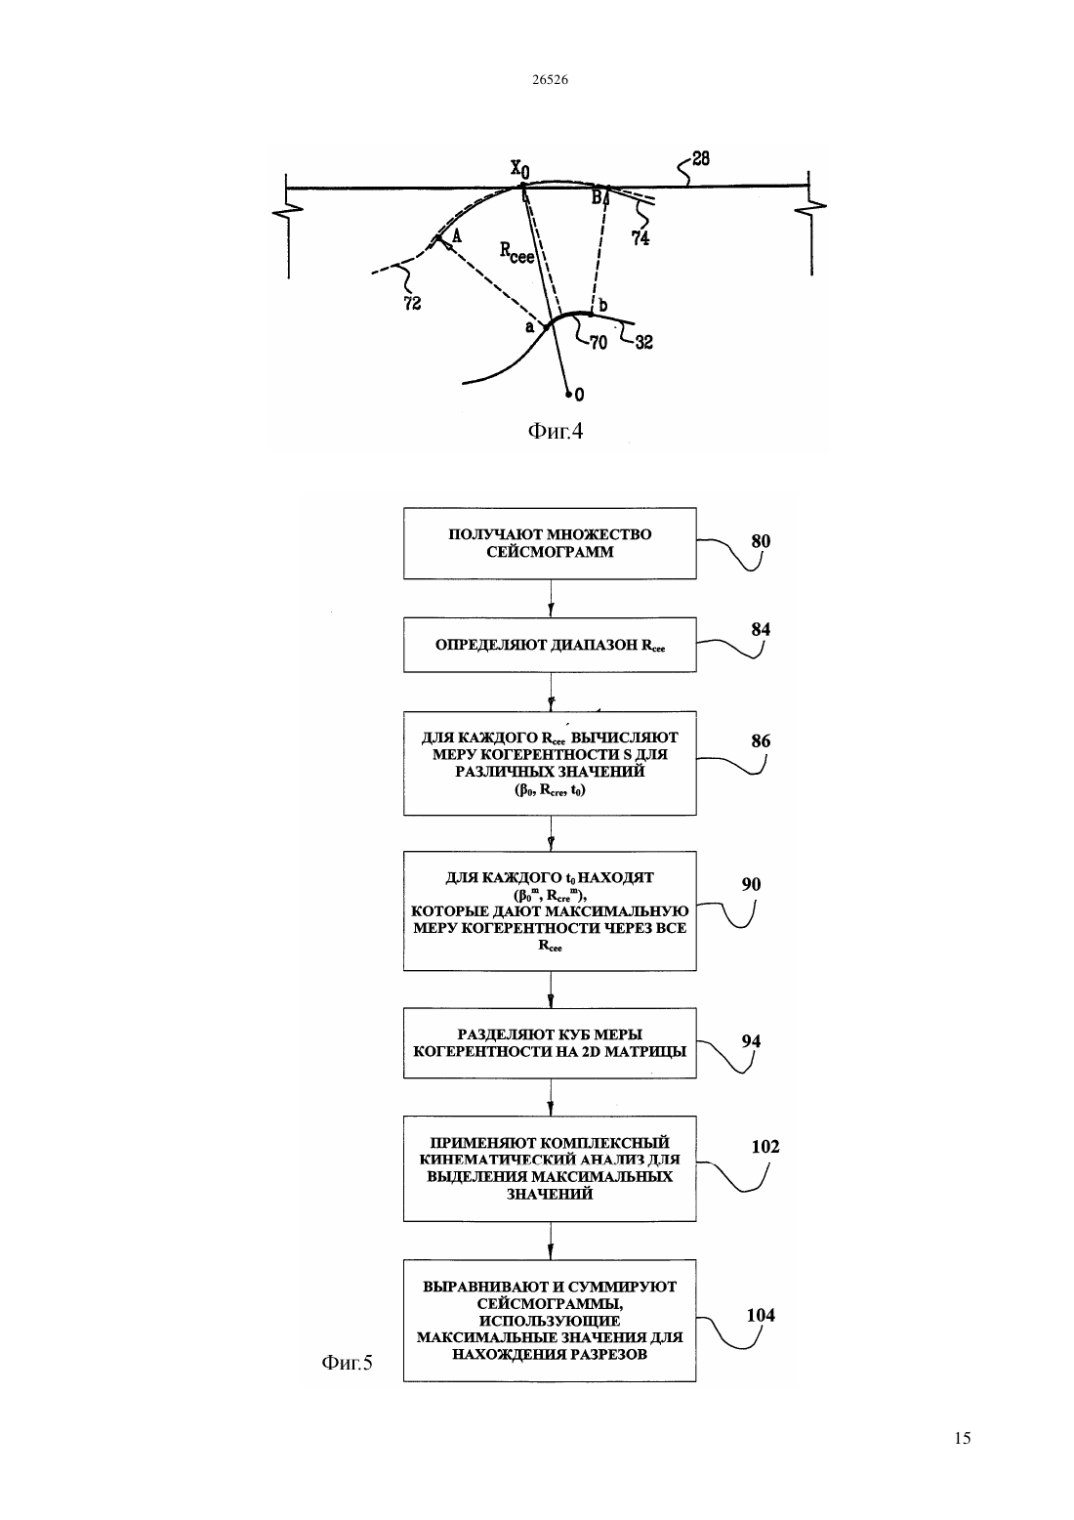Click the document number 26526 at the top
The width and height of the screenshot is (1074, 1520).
pos(550,79)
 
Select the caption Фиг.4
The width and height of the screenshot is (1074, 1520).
pos(556,431)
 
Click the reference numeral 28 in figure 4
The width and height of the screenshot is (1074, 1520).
pos(701,159)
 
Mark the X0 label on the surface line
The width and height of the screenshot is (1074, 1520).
pos(519,168)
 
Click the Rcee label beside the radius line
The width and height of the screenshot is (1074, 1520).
pos(516,252)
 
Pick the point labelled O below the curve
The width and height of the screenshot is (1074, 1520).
pos(569,393)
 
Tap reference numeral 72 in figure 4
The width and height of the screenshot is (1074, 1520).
pos(412,303)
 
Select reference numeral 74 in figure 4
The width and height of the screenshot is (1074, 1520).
pos(640,238)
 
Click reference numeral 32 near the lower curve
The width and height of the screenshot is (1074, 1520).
pos(644,342)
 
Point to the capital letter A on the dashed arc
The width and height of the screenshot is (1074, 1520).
pos(456,234)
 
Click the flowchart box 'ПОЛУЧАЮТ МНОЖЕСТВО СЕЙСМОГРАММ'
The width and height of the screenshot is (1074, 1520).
pos(550,543)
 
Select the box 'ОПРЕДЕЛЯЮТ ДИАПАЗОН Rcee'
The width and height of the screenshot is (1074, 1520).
pos(550,645)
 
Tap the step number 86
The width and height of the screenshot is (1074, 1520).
pos(761,740)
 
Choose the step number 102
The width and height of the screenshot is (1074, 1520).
pos(765,1146)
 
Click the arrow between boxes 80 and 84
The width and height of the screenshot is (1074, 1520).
pos(551,598)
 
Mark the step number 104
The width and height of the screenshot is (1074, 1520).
pos(761,1315)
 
